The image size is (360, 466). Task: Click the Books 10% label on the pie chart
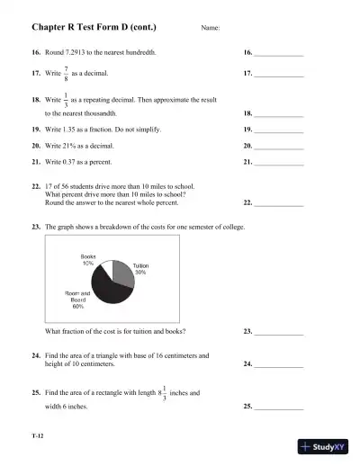[88, 260]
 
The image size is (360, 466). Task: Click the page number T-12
[38, 436]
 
